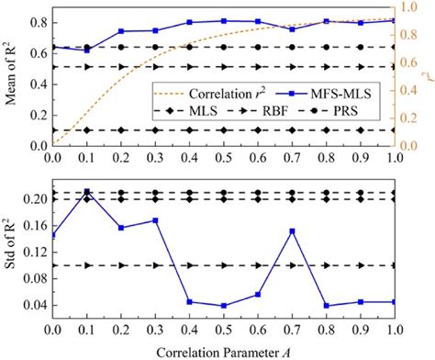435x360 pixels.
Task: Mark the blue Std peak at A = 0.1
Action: pos(86,192)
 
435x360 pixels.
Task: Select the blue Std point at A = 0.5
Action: pos(223,306)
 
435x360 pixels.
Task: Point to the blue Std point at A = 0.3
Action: pos(155,220)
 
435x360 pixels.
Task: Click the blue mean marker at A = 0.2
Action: pos(121,31)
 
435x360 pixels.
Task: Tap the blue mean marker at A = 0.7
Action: pos(292,29)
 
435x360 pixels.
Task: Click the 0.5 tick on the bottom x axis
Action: pos(223,328)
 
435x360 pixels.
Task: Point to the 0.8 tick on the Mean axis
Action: pos(39,21)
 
